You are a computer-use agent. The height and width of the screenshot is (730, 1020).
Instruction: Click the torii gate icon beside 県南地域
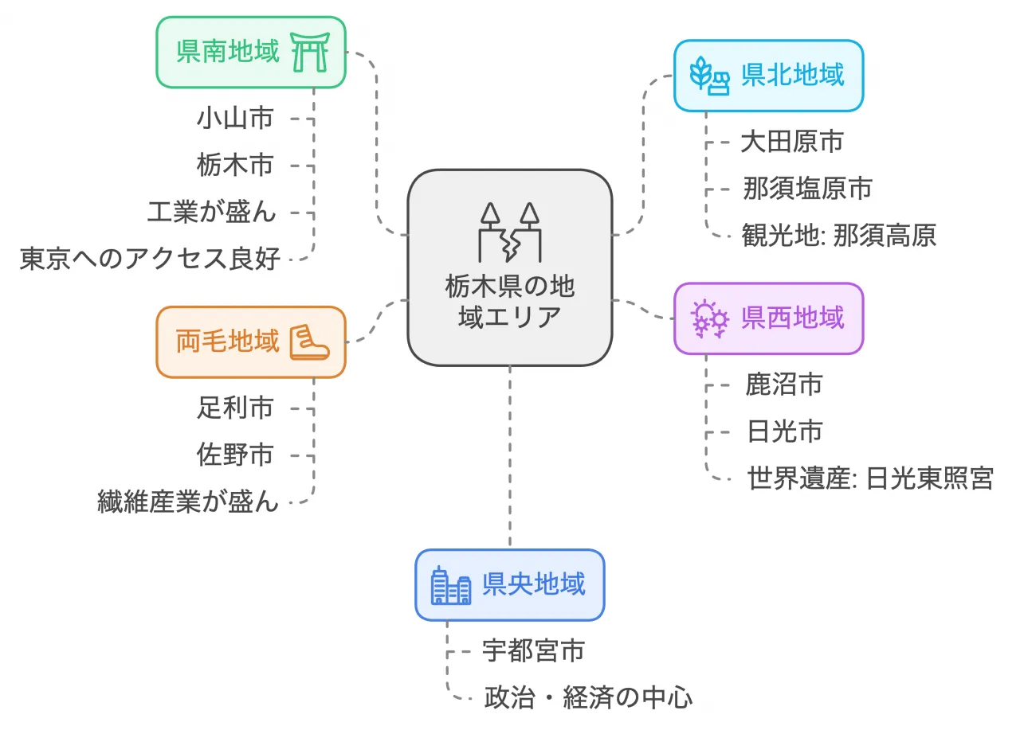(x=311, y=53)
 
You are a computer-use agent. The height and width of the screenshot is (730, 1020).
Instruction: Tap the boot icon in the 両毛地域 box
(x=309, y=342)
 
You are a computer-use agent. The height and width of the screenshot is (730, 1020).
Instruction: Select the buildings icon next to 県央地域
(x=450, y=585)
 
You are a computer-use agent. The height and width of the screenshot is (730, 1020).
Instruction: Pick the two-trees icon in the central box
(x=510, y=232)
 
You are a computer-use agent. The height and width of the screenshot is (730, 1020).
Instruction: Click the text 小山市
(x=235, y=119)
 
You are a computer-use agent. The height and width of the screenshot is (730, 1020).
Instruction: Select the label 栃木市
(x=235, y=165)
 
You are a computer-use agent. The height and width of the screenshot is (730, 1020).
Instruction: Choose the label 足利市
(x=235, y=408)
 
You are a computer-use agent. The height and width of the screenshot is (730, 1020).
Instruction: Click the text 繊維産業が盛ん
(x=188, y=502)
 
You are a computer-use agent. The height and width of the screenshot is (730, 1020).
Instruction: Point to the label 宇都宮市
(x=534, y=650)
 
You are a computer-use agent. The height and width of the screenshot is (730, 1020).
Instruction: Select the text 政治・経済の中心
(x=588, y=698)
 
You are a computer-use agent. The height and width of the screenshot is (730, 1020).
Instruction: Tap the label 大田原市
(x=791, y=142)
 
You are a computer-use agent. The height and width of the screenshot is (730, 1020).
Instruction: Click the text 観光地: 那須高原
(x=838, y=236)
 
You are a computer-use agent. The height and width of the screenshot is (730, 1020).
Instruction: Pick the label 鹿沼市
(x=784, y=385)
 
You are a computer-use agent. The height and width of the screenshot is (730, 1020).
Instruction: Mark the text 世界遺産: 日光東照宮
(x=870, y=479)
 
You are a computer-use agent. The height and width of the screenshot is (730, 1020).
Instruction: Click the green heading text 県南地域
(x=228, y=52)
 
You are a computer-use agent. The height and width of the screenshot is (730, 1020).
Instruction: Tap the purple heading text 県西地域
(x=792, y=318)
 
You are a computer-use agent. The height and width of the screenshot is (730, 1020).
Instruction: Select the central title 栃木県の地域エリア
(x=510, y=301)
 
